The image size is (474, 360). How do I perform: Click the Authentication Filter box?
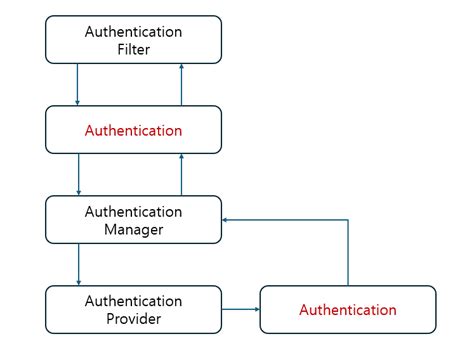[x=133, y=39]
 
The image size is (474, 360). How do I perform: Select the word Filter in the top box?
[x=133, y=48]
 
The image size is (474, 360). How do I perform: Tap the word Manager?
[x=133, y=229]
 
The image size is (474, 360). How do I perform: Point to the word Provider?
[x=133, y=318]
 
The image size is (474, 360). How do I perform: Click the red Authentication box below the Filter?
[x=133, y=130]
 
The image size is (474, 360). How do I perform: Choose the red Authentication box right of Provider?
[x=347, y=310]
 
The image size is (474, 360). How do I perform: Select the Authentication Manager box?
[x=133, y=220]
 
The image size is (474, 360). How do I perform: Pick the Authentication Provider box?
[x=133, y=309]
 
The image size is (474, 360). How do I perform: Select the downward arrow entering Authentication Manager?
[x=78, y=175]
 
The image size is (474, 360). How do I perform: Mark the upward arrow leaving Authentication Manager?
[x=181, y=175]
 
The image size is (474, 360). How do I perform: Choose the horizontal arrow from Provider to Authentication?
[x=239, y=310]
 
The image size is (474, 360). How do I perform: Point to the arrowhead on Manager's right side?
[x=225, y=219]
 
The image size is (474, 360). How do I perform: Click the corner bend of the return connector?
[x=347, y=219]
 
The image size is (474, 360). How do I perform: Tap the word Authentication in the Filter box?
[x=133, y=30]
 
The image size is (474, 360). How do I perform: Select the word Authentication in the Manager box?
[x=133, y=211]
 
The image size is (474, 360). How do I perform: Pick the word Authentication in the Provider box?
[x=133, y=300]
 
